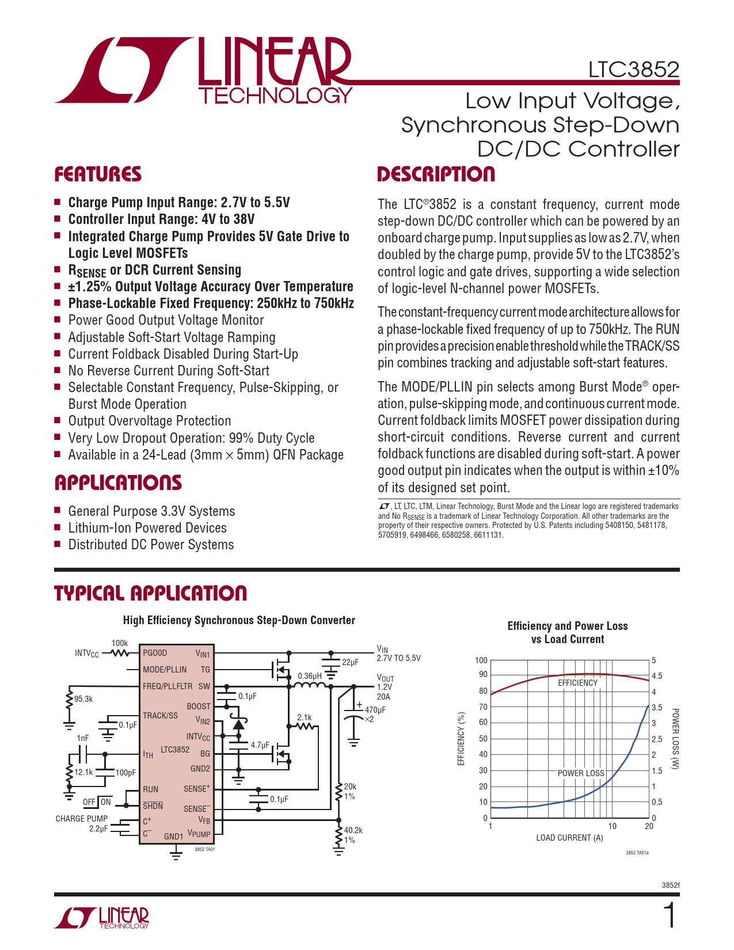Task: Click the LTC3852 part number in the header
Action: pyautogui.click(x=633, y=70)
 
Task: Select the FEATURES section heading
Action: pyautogui.click(x=98, y=174)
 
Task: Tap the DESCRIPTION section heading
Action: pyautogui.click(x=436, y=174)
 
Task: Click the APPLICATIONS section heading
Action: pyautogui.click(x=118, y=482)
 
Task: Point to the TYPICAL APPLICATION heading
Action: pyautogui.click(x=150, y=593)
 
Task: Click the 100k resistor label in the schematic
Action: pyautogui.click(x=119, y=643)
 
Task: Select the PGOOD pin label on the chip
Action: pyautogui.click(x=155, y=653)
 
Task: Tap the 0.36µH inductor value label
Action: pyautogui.click(x=310, y=676)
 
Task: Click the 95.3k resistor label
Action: pyautogui.click(x=83, y=699)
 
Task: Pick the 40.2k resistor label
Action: pyautogui.click(x=353, y=830)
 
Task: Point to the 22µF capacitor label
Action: pyautogui.click(x=350, y=662)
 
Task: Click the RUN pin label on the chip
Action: pyautogui.click(x=150, y=789)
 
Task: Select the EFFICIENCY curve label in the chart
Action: pyautogui.click(x=577, y=683)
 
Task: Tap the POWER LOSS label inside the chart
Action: pyautogui.click(x=581, y=773)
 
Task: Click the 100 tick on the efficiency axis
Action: pyautogui.click(x=481, y=660)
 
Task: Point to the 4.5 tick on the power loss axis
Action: pyautogui.click(x=657, y=676)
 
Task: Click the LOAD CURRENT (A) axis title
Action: pyautogui.click(x=569, y=838)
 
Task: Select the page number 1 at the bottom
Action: pyautogui.click(x=670, y=916)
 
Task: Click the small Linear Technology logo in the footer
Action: pyautogui.click(x=102, y=918)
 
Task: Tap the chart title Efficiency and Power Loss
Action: pyautogui.click(x=567, y=626)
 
